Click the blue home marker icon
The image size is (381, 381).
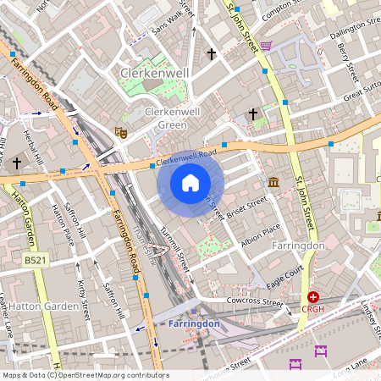pyautogui.click(x=190, y=183)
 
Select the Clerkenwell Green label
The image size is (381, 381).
pyautogui.click(x=166, y=119)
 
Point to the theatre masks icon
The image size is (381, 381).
pyautogui.click(x=120, y=131)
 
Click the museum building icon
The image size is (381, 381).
pyautogui.click(x=273, y=182)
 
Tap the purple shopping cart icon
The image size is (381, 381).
pyautogui.click(x=266, y=46)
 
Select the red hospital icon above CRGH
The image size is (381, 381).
pyautogui.click(x=313, y=297)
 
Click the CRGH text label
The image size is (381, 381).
pyautogui.click(x=314, y=310)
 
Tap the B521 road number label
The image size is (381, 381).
pyautogui.click(x=35, y=262)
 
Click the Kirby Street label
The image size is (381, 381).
pyautogui.click(x=82, y=300)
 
